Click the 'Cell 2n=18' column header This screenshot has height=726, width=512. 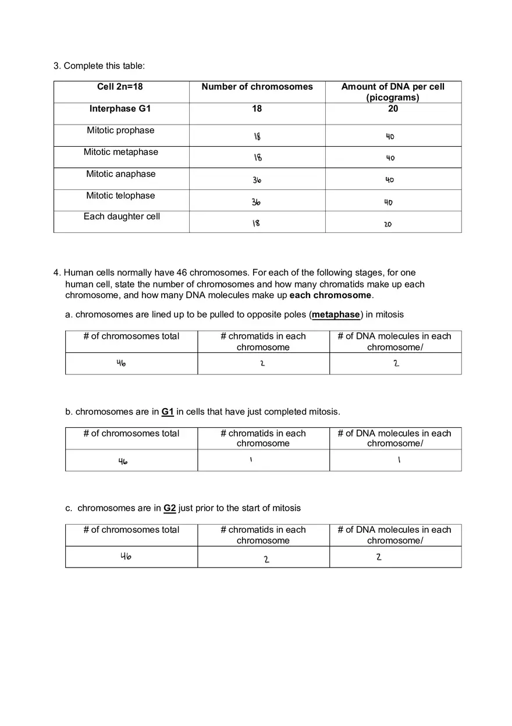click(120, 87)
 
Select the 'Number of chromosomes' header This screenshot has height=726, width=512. click(257, 87)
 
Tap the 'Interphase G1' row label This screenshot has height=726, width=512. click(120, 108)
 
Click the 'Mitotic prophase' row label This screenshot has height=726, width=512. click(120, 130)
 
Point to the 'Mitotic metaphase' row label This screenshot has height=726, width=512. click(120, 152)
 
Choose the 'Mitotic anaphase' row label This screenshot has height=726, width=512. click(120, 174)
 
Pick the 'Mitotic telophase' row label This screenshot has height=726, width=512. click(120, 196)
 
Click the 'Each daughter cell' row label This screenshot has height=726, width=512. click(121, 217)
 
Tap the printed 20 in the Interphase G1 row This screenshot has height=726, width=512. click(393, 108)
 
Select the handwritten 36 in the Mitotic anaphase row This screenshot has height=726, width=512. click(257, 180)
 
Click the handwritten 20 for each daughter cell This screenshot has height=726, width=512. click(388, 224)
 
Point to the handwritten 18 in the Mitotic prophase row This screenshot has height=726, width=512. click(257, 137)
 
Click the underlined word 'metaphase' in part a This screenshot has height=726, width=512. click(336, 315)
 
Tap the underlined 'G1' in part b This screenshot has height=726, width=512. click(168, 412)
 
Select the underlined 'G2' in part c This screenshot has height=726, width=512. click(169, 508)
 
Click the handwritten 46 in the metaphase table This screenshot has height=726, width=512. click(121, 363)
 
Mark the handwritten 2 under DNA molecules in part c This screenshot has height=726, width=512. click(379, 557)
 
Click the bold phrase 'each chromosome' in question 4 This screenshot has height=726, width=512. click(330, 295)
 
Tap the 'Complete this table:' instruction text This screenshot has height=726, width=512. click(104, 66)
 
